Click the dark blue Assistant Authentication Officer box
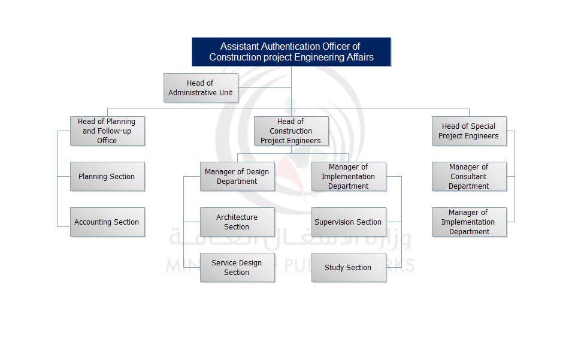(x=291, y=52)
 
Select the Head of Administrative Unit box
(x=201, y=87)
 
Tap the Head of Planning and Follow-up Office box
(x=107, y=131)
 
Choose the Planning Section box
(x=107, y=176)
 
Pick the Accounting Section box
(x=107, y=222)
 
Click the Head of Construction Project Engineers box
(x=291, y=131)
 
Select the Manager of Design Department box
(x=237, y=176)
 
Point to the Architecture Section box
(x=237, y=222)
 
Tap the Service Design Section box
(x=237, y=267)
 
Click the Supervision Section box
(x=349, y=222)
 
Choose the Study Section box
(x=349, y=267)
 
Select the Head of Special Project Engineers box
(x=469, y=131)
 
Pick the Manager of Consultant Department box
(x=469, y=176)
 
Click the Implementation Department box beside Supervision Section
(x=349, y=176)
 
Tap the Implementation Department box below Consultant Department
(x=469, y=222)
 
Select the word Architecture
(x=237, y=217)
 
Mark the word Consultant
(x=468, y=177)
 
